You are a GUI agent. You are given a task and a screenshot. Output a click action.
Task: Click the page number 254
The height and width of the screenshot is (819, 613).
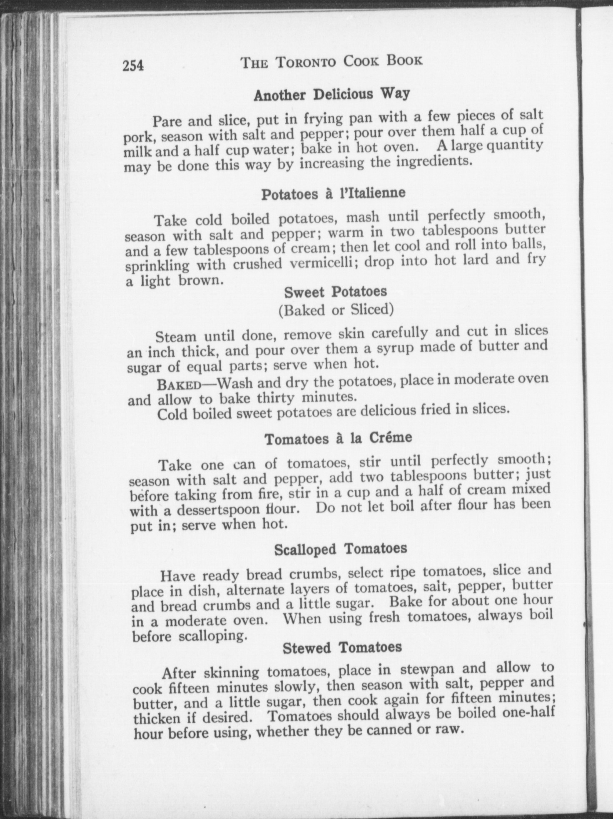pos(133,66)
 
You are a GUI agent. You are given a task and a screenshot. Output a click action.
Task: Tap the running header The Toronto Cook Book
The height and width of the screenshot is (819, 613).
pos(332,62)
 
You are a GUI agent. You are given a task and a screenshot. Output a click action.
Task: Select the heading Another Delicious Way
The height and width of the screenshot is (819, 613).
pos(332,94)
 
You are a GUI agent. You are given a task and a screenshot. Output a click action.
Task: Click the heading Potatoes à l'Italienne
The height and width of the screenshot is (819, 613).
pos(333,194)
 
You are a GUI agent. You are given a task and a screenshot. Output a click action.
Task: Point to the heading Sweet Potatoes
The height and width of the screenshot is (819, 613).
pos(336,292)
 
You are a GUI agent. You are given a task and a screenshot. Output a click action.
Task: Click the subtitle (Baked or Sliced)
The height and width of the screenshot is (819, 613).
pos(336,310)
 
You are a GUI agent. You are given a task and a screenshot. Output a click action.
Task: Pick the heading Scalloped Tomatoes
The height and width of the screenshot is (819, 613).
pos(340,549)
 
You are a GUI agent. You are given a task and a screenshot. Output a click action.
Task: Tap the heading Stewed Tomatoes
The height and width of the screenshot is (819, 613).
pos(342,648)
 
